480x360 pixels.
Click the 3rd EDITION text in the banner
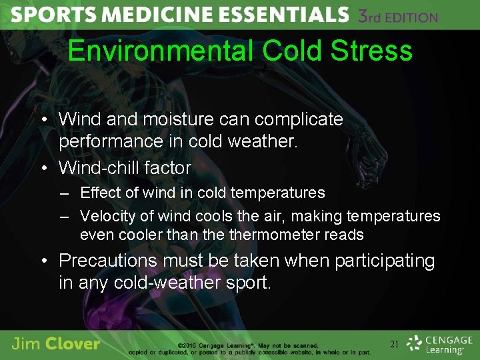(398, 16)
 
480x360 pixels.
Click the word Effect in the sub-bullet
(97, 193)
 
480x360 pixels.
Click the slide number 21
(394, 344)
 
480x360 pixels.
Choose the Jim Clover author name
(55, 344)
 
